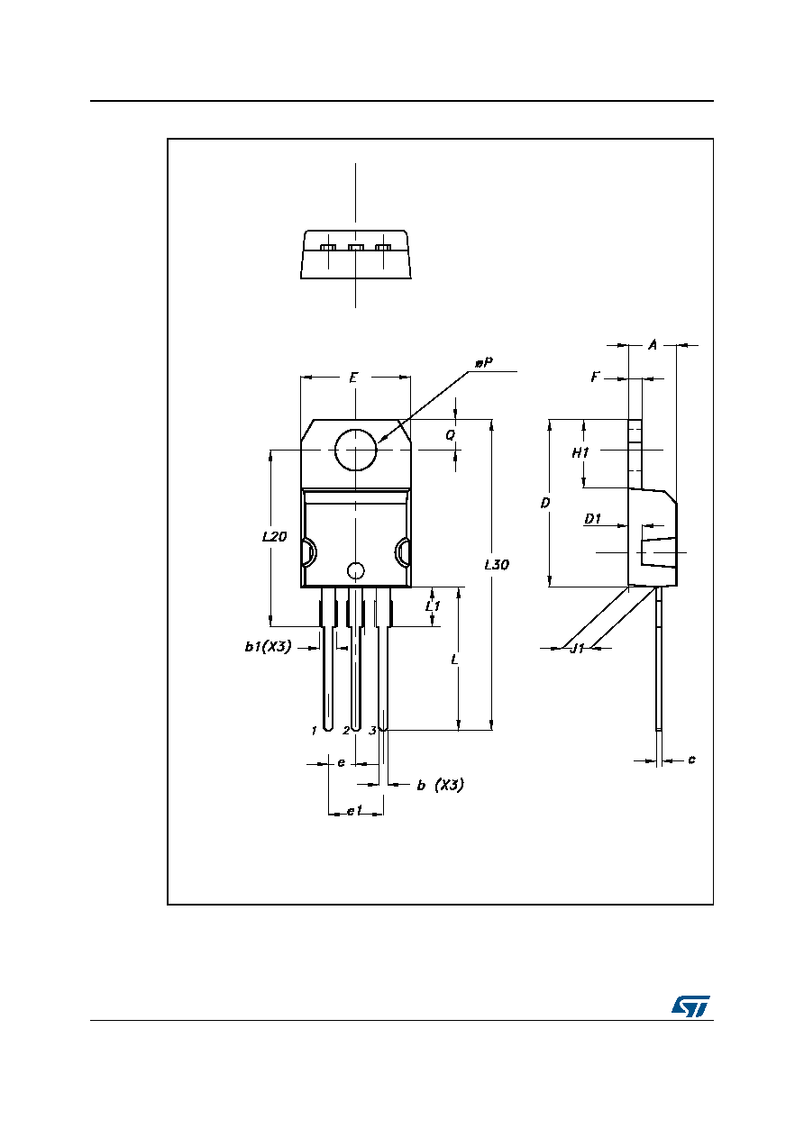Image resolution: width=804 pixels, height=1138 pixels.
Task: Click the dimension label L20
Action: click(274, 536)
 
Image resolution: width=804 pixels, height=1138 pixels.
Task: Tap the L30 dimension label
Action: click(497, 564)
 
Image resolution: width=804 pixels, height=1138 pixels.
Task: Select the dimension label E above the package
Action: click(353, 378)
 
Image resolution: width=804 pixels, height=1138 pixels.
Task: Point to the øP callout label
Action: click(484, 363)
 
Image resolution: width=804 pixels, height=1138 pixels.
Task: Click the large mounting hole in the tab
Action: click(356, 450)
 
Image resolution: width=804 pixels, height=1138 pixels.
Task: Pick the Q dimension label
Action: click(451, 435)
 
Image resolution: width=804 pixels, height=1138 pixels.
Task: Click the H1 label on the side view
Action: click(580, 452)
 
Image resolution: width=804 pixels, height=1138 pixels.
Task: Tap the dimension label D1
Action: click(592, 519)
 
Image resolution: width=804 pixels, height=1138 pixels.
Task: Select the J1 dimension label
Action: click(578, 648)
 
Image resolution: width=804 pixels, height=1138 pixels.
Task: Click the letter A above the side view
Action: click(653, 345)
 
